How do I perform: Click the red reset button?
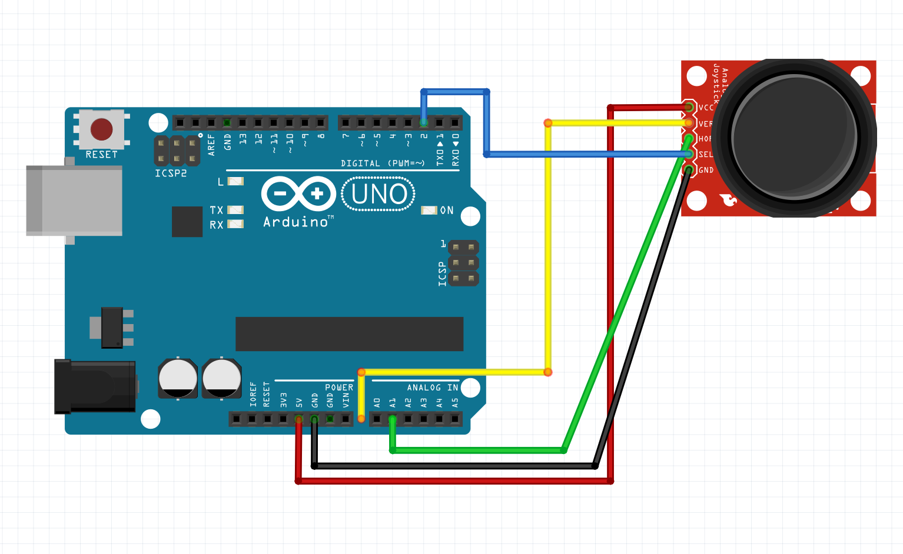click(x=101, y=129)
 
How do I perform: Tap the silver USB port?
click(x=74, y=200)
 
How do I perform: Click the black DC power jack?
click(x=94, y=386)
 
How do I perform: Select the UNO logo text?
click(x=379, y=194)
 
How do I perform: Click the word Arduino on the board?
click(x=295, y=222)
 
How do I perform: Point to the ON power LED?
click(x=429, y=210)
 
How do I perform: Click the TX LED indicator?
click(x=235, y=210)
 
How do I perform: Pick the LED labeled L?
click(x=235, y=181)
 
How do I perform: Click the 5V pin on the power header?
click(x=298, y=419)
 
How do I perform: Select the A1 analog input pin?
click(x=392, y=419)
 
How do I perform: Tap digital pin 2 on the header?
click(x=423, y=122)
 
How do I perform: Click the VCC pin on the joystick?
click(x=689, y=107)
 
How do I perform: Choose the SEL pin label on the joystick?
click(x=705, y=154)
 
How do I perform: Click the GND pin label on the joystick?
click(x=706, y=170)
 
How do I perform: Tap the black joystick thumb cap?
click(x=794, y=138)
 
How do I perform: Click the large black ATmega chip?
click(x=349, y=333)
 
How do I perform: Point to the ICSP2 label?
click(x=171, y=173)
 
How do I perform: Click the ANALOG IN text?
click(x=432, y=388)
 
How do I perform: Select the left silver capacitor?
click(x=178, y=378)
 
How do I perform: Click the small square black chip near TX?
click(x=187, y=222)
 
